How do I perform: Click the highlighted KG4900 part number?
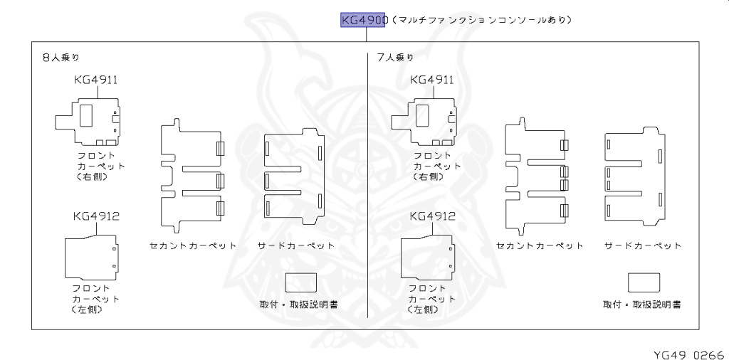click(364, 20)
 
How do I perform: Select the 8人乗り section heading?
click(61, 58)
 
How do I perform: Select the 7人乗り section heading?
click(395, 58)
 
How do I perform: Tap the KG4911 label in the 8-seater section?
click(95, 80)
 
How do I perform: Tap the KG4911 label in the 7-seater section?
click(432, 80)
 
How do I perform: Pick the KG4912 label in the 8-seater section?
click(95, 216)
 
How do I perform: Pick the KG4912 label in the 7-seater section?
click(432, 216)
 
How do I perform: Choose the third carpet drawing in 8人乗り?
click(294, 174)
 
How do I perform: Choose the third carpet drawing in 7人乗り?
click(635, 174)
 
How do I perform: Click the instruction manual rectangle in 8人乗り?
click(301, 282)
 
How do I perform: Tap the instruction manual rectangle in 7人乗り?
click(644, 282)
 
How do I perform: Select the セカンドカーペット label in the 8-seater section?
click(193, 246)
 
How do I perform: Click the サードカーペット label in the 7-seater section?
click(643, 246)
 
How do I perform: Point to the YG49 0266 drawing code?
click(688, 354)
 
